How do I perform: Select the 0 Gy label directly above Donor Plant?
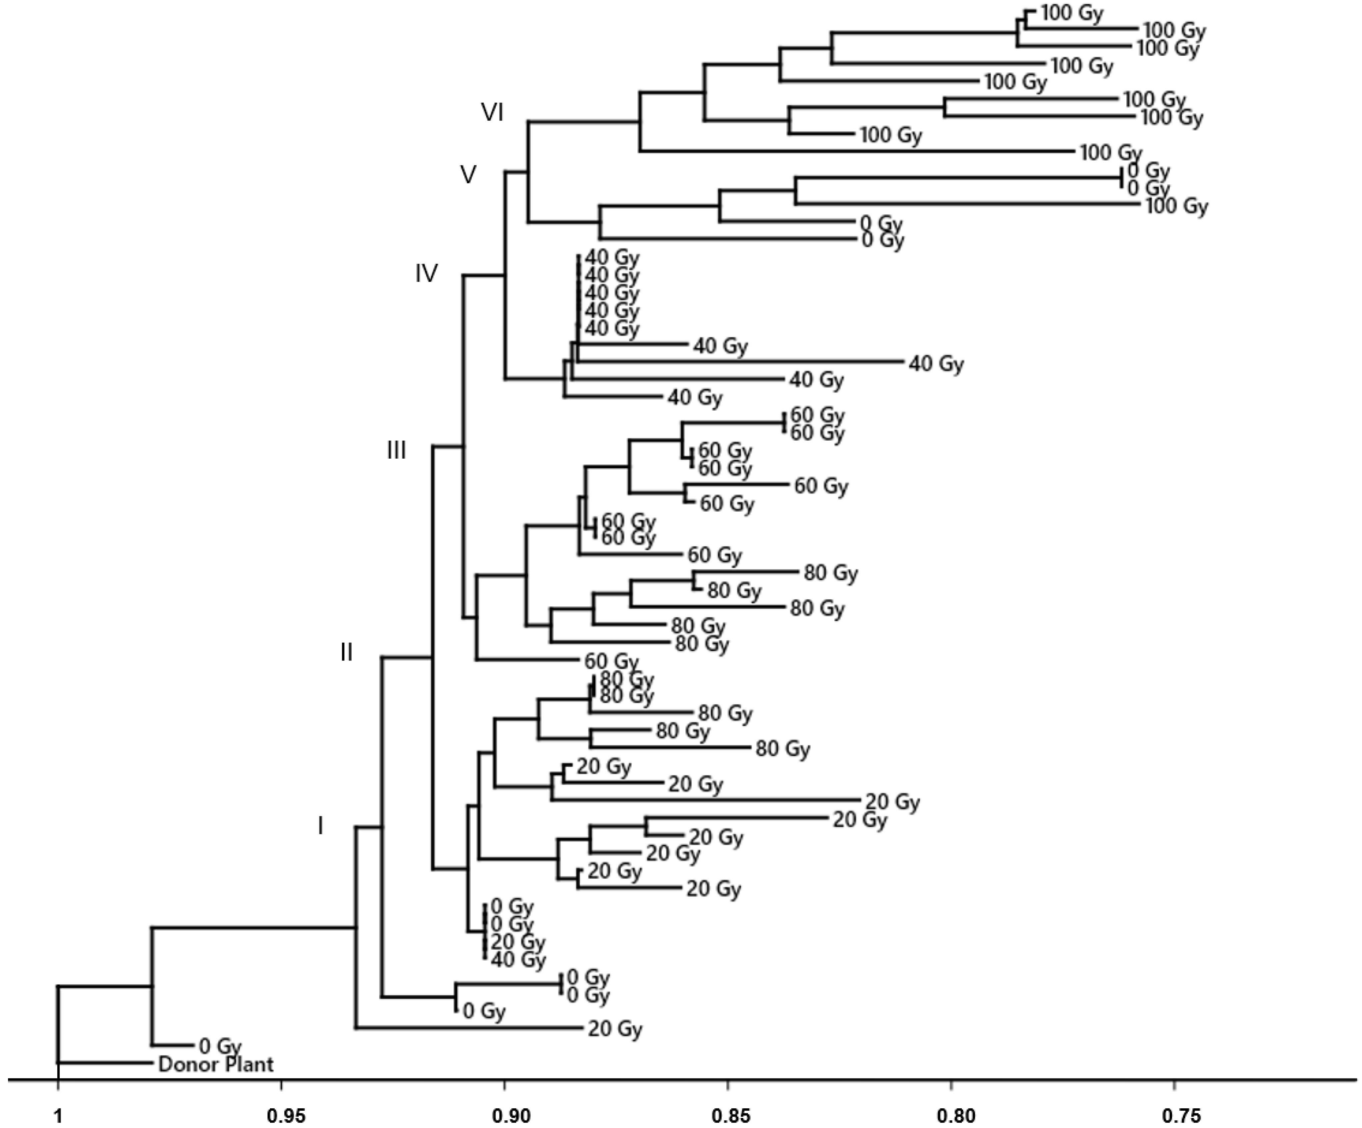[221, 1046]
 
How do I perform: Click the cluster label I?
[320, 826]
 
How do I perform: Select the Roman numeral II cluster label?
[347, 652]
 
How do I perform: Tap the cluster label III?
[396, 450]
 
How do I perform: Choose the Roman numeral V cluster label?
[468, 174]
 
